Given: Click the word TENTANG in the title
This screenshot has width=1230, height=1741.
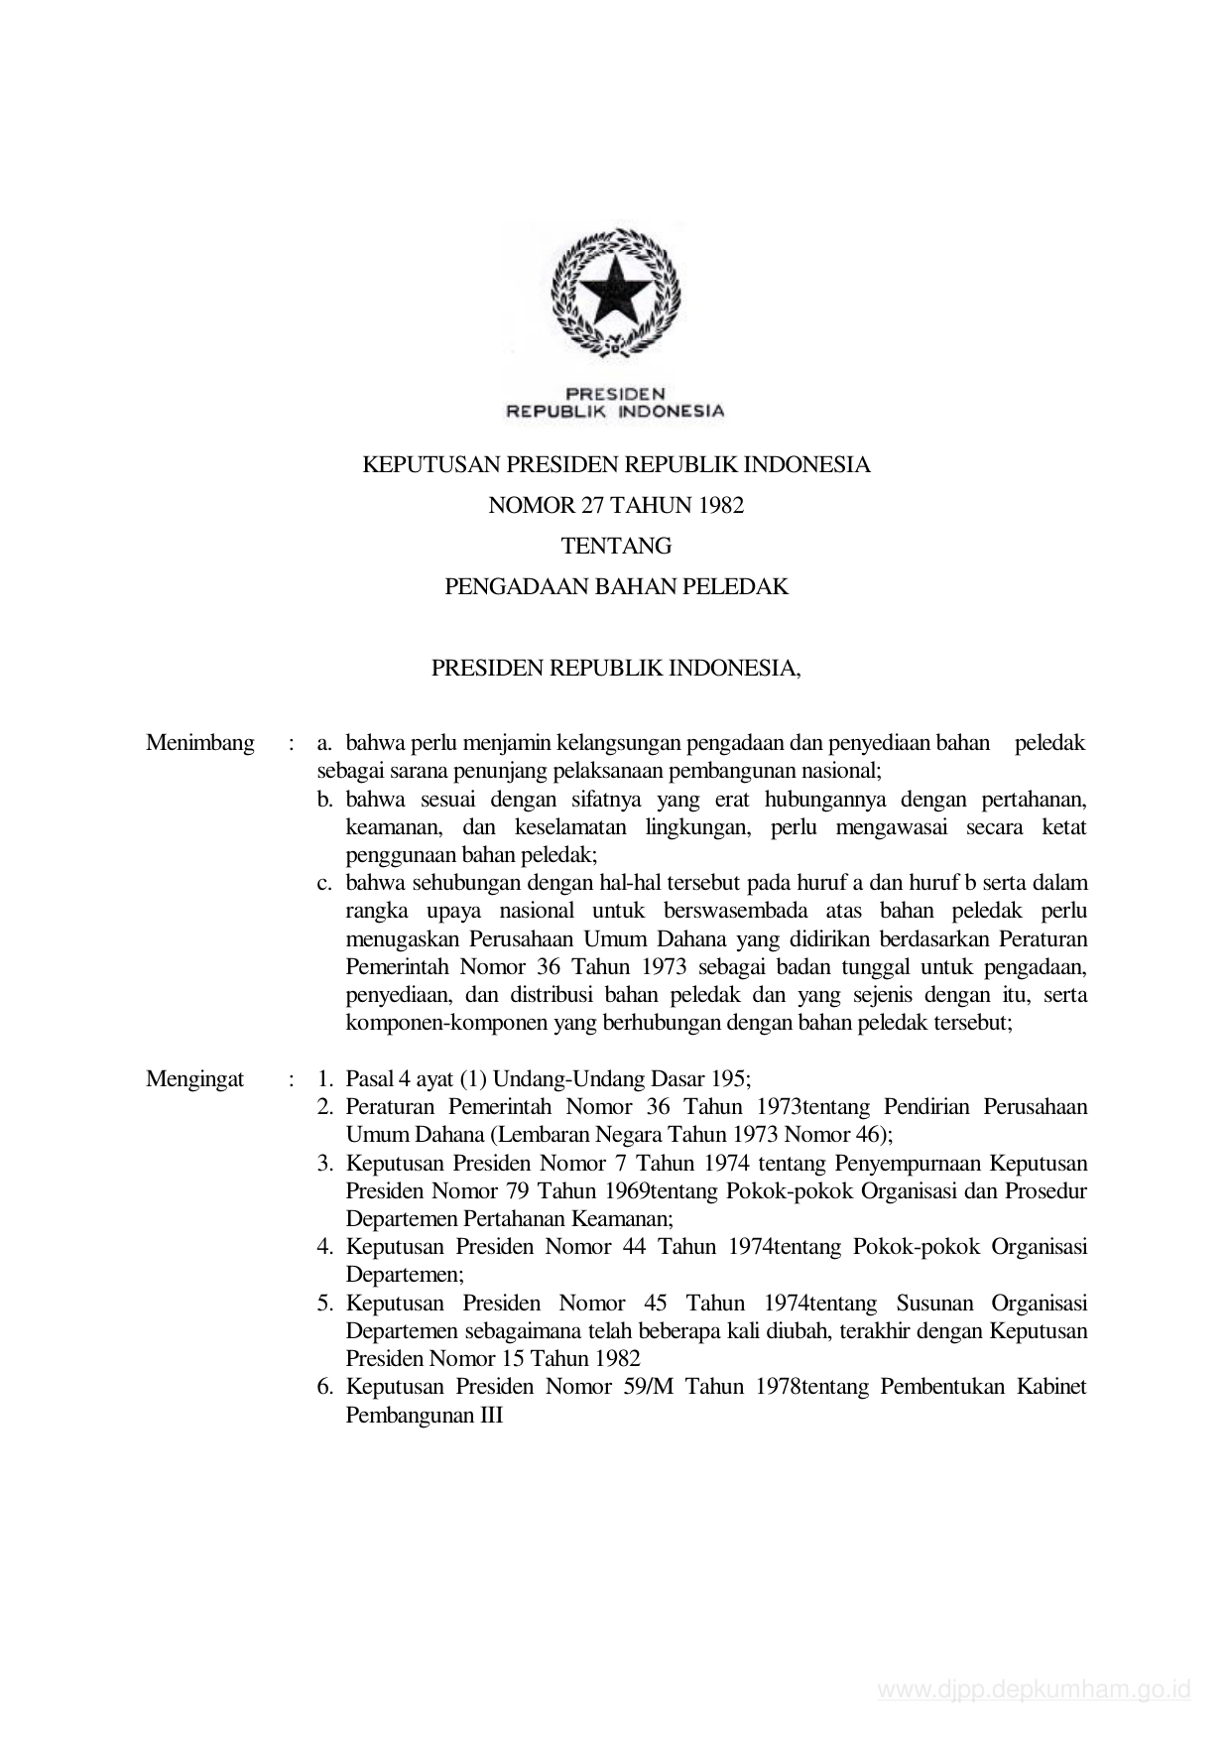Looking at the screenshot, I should (616, 546).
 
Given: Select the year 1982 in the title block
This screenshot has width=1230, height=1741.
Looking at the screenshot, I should (720, 505).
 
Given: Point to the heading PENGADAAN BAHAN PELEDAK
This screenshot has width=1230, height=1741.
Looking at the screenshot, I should (616, 586).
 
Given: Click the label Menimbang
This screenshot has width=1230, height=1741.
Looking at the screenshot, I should (199, 743).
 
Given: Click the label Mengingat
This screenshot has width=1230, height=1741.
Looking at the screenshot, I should (194, 1079).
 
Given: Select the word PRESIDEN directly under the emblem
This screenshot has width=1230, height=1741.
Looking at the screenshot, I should (615, 394).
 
